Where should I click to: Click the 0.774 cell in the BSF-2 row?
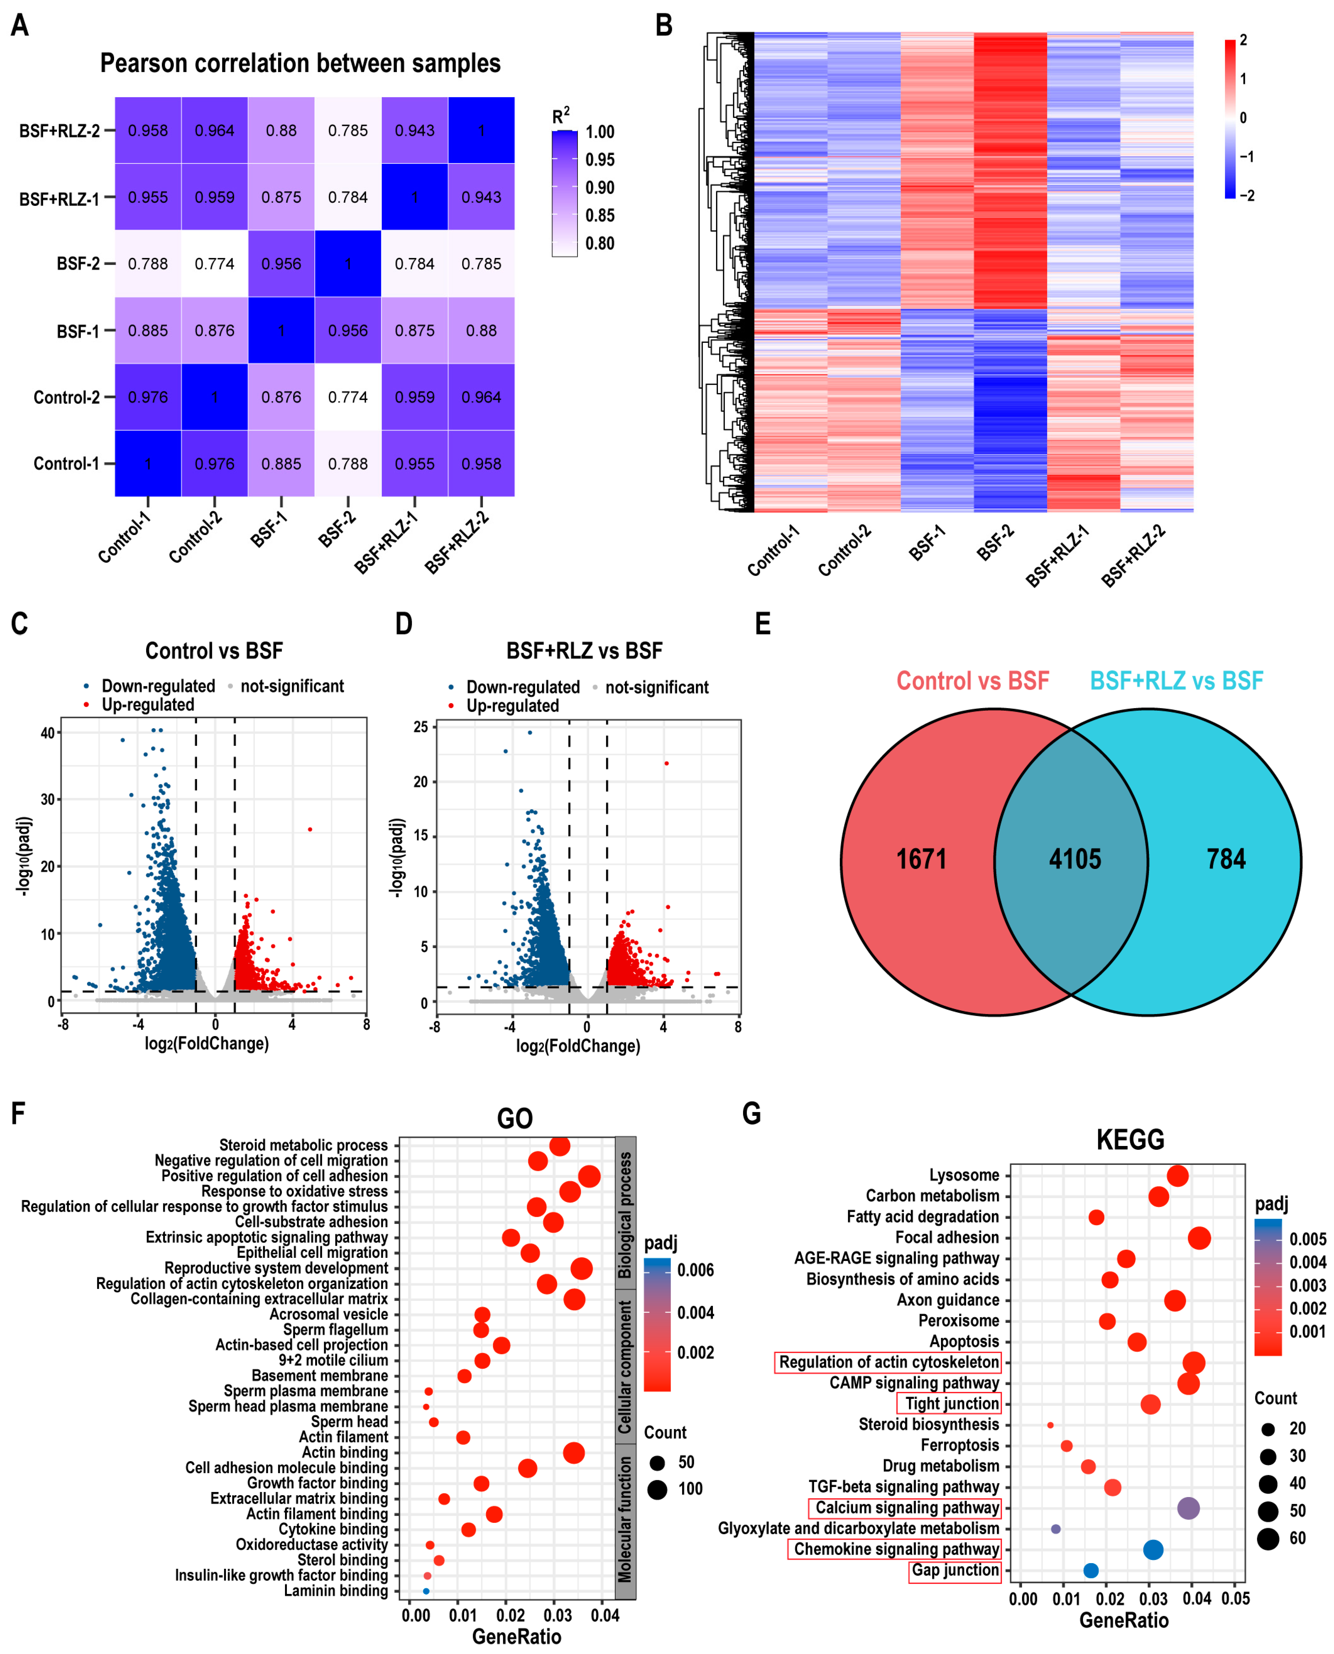tap(214, 264)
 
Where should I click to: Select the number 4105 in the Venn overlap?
tap(1075, 858)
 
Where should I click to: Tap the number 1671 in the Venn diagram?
tap(921, 858)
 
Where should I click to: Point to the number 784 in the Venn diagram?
tap(1226, 858)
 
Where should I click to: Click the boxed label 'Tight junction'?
tap(951, 1403)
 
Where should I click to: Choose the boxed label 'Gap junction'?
tap(955, 1569)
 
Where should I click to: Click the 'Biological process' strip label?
tap(626, 1214)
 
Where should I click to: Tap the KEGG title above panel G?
tap(1130, 1139)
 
